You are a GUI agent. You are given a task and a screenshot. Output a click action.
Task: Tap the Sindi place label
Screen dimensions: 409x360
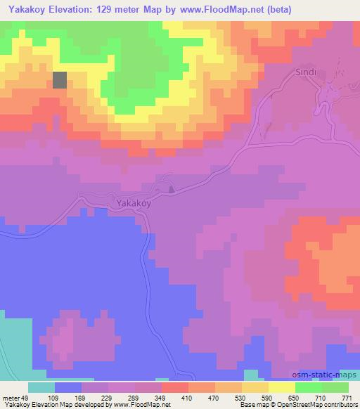(x=302, y=73)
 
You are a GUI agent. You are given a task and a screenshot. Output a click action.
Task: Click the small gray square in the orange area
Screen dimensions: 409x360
(x=60, y=80)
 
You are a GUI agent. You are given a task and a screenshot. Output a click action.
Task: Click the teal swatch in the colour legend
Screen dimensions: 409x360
(x=41, y=388)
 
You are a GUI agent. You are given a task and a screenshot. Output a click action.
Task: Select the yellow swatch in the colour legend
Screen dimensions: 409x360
(x=281, y=388)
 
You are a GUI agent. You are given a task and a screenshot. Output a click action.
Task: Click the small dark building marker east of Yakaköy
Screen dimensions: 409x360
(x=171, y=188)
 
